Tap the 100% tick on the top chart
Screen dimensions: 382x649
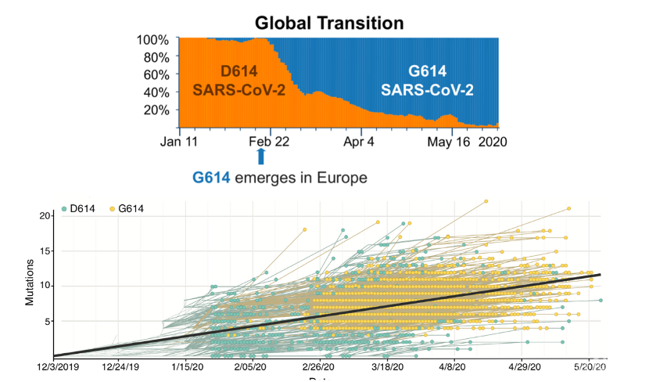[153, 39]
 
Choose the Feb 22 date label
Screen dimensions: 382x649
[271, 143]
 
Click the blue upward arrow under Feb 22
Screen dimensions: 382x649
[261, 157]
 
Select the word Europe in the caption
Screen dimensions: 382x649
[339, 178]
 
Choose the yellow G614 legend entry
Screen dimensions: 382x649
[127, 210]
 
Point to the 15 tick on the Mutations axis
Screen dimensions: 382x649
[46, 250]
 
